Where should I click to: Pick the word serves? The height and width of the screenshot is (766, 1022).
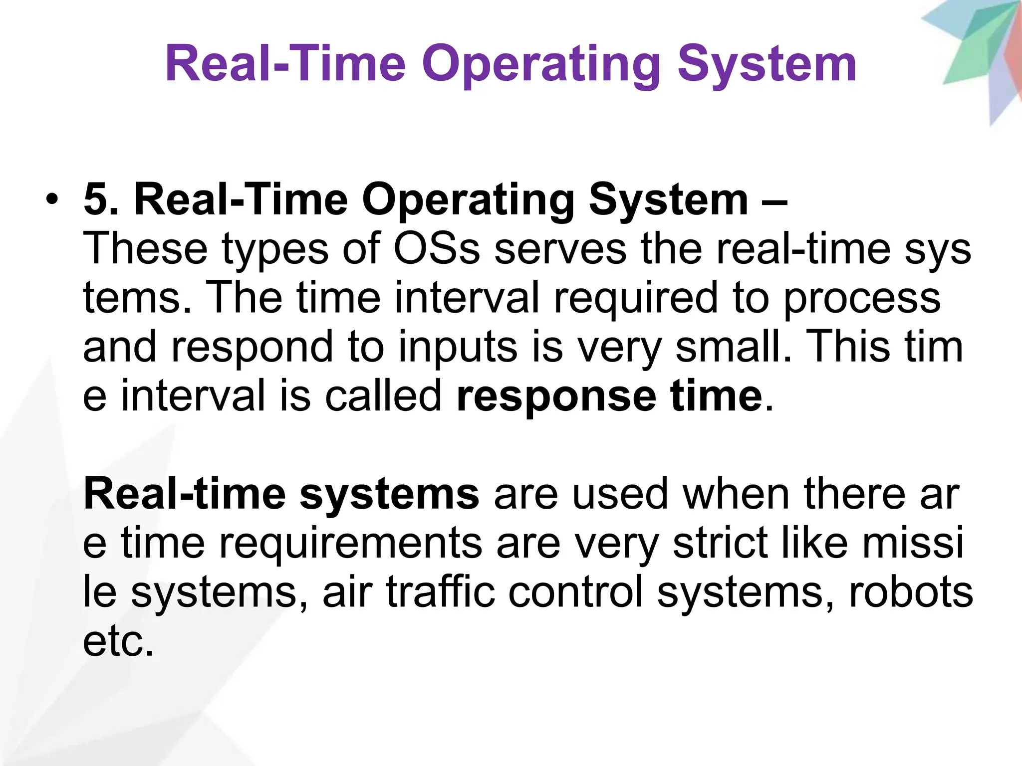pos(560,249)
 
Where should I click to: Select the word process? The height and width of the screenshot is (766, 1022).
pos(862,298)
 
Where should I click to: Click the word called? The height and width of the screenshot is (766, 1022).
pos(383,395)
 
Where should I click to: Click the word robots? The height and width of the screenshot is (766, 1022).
pos(911,592)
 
